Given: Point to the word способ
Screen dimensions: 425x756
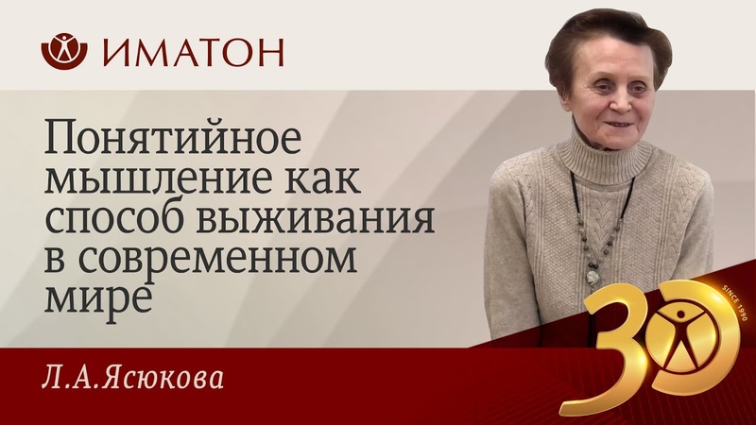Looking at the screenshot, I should [112, 217].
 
